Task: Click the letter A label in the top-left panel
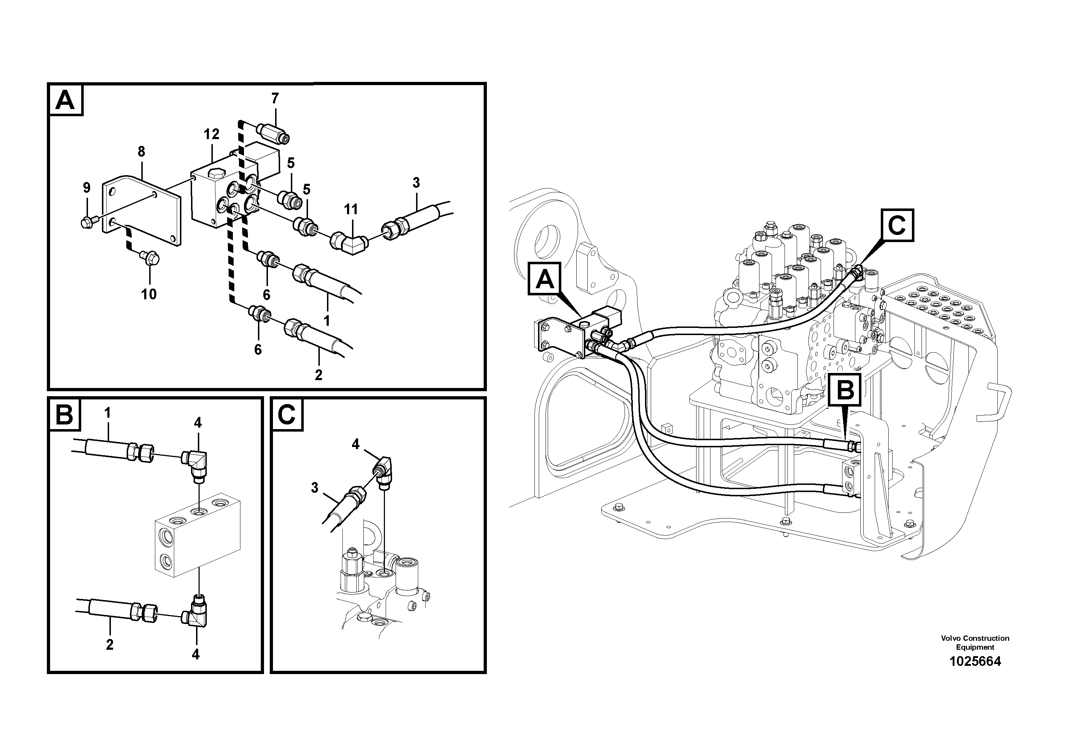(65, 100)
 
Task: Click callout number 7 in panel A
(275, 98)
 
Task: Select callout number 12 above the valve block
(211, 134)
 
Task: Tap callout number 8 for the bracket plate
(141, 152)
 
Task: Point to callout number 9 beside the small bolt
(87, 188)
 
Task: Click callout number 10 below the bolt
(149, 294)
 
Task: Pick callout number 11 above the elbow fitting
(351, 210)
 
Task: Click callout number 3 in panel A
(416, 183)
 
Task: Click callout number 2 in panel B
(109, 644)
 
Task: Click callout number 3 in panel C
(315, 488)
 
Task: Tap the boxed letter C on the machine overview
(897, 226)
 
